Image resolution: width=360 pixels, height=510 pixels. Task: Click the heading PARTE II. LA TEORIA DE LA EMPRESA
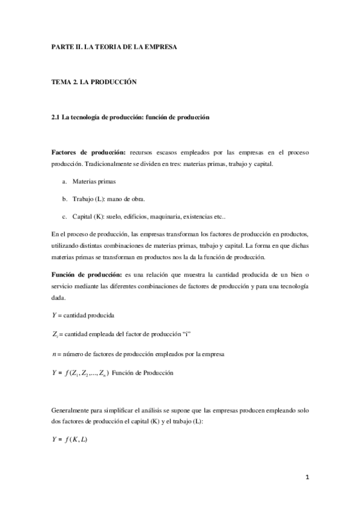114,46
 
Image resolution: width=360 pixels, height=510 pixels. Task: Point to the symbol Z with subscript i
55,334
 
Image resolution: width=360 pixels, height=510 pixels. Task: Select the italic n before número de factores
53,354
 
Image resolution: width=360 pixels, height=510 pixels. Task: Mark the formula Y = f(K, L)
70,440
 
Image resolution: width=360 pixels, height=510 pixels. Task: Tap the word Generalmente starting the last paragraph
71,410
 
